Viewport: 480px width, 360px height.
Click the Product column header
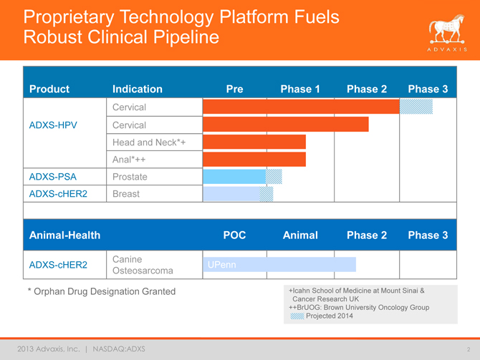pyautogui.click(x=49, y=89)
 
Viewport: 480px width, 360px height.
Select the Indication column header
pyautogui.click(x=137, y=89)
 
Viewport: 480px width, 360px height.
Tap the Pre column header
pyautogui.click(x=234, y=89)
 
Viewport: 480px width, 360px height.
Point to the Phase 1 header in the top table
pyautogui.click(x=300, y=89)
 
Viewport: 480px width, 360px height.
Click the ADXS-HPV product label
pyautogui.click(x=54, y=125)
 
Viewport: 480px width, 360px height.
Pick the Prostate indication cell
pyautogui.click(x=130, y=176)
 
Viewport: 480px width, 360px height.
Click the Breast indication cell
pyautogui.click(x=126, y=193)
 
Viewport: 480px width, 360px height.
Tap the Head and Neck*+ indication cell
pyautogui.click(x=149, y=142)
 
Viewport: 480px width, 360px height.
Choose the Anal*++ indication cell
pyautogui.click(x=128, y=159)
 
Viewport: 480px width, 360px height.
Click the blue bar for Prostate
pyautogui.click(x=234, y=176)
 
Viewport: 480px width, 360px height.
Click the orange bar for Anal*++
pyautogui.click(x=254, y=159)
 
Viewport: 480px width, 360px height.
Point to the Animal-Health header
pyautogui.click(x=64, y=235)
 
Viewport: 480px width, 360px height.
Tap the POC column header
pyautogui.click(x=234, y=235)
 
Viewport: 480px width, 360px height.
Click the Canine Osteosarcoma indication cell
pyautogui.click(x=143, y=265)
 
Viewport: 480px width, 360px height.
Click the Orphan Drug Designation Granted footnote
pyautogui.click(x=101, y=291)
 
